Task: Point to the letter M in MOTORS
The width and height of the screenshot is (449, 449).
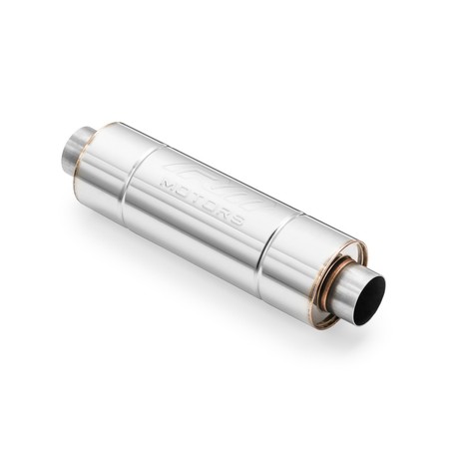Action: (x=167, y=184)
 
